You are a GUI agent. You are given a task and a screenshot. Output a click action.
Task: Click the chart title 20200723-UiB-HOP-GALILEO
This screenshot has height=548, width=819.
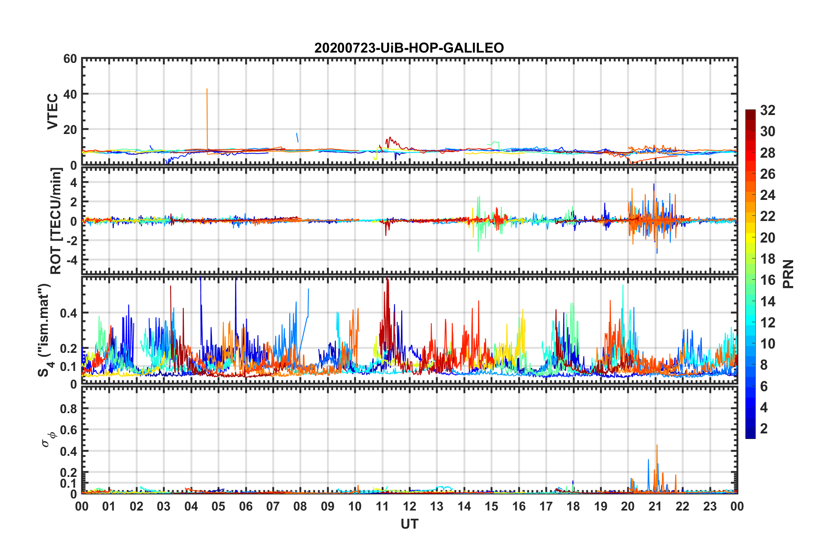(x=409, y=47)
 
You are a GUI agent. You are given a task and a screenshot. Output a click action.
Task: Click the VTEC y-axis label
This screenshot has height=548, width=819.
(x=53, y=111)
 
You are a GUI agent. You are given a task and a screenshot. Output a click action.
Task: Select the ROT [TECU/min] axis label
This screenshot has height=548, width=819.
(x=56, y=221)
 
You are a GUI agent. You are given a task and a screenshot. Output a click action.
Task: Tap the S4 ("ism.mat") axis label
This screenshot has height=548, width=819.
(x=45, y=330)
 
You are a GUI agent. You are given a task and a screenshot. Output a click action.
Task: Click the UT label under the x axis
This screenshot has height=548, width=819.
(x=409, y=524)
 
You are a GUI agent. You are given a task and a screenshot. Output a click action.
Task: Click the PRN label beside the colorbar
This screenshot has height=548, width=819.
(x=788, y=274)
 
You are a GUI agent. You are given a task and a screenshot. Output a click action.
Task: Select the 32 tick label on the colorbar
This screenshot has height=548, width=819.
(x=767, y=110)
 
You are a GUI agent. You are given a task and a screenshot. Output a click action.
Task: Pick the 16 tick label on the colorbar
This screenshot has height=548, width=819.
(x=767, y=280)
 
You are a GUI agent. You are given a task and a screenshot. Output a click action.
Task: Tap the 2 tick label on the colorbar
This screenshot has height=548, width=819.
(x=764, y=428)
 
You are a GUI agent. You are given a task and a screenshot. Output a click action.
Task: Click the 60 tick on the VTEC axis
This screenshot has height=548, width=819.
(x=70, y=59)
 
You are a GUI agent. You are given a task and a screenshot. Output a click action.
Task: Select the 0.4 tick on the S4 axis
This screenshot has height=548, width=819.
(x=68, y=313)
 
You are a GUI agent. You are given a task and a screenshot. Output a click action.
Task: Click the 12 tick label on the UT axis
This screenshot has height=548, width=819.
(x=409, y=506)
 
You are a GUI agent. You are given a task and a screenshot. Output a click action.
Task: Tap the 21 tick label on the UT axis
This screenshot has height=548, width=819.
(x=655, y=506)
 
